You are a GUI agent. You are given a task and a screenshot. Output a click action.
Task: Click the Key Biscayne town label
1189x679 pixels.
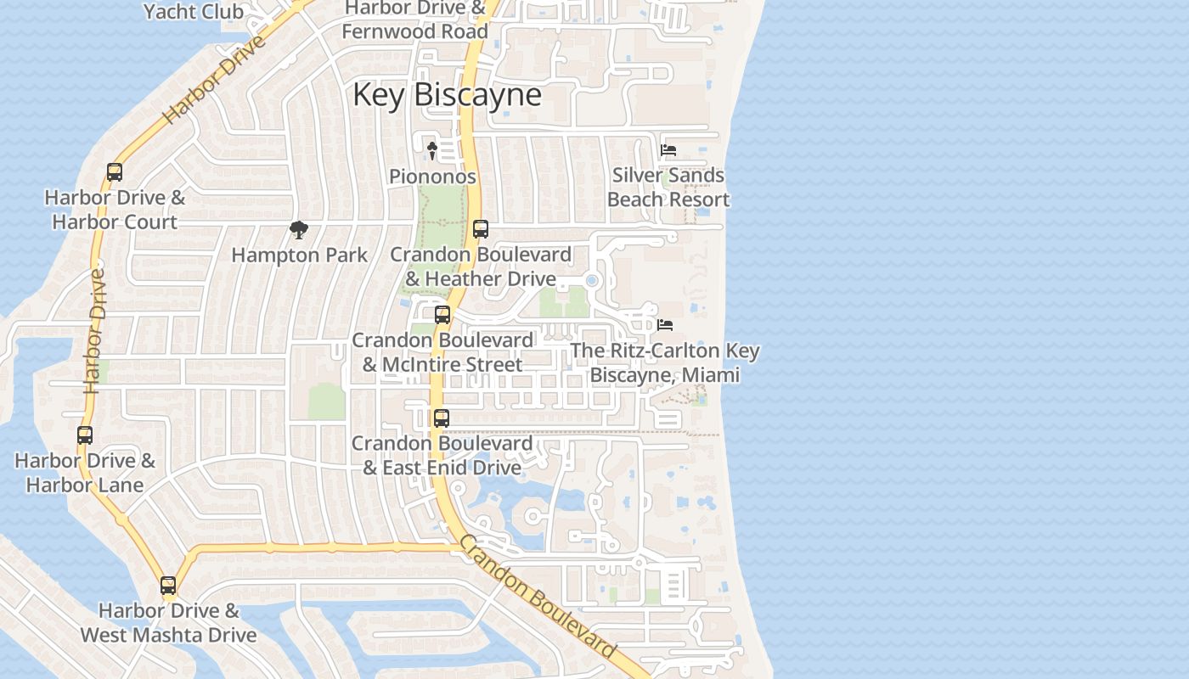[447, 94]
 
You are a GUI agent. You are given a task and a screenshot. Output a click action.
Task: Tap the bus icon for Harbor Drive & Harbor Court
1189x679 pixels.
[115, 172]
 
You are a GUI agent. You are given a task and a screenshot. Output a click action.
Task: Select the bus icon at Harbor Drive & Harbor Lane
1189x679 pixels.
[85, 435]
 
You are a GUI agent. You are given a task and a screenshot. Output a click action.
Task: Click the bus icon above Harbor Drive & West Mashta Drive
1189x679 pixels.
[168, 586]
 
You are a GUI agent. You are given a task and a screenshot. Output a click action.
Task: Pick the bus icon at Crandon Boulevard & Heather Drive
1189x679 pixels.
[481, 229]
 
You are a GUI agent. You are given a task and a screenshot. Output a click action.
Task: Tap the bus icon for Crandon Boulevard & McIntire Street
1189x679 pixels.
[442, 315]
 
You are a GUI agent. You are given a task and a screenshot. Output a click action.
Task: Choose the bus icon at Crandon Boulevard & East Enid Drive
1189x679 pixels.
[442, 418]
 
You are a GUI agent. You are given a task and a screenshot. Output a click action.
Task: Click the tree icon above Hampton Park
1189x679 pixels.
[298, 229]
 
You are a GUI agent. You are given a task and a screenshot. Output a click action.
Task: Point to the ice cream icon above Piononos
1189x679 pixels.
[431, 151]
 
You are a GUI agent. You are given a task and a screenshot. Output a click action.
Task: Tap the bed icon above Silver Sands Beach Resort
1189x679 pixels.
[668, 150]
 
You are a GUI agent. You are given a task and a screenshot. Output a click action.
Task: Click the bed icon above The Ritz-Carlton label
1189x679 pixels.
[665, 325]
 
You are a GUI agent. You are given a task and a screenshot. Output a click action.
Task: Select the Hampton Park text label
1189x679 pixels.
[300, 255]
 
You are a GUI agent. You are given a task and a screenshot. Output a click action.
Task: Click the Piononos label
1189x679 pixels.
[432, 177]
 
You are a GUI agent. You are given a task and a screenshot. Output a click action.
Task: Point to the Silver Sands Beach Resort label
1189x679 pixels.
[668, 188]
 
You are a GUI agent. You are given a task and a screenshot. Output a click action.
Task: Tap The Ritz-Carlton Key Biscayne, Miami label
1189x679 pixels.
[665, 362]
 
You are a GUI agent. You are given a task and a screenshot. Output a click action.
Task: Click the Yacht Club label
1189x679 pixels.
[194, 12]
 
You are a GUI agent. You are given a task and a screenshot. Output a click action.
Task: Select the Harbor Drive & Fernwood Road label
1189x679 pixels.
[415, 20]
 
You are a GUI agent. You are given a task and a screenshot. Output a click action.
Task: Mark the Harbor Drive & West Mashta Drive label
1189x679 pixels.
[168, 622]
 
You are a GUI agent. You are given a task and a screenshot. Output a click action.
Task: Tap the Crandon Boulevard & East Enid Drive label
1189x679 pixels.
[442, 455]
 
